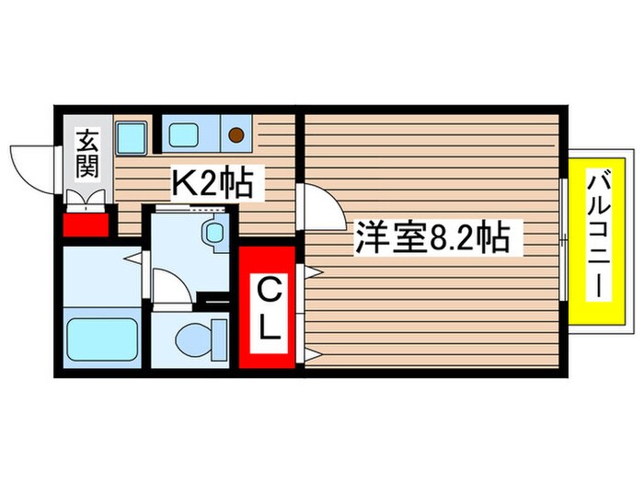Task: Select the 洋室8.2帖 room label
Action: point(432,239)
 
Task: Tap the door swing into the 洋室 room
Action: point(319,207)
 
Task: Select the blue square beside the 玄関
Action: point(131,138)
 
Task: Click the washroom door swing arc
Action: point(170,286)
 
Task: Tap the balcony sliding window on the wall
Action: point(563,240)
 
